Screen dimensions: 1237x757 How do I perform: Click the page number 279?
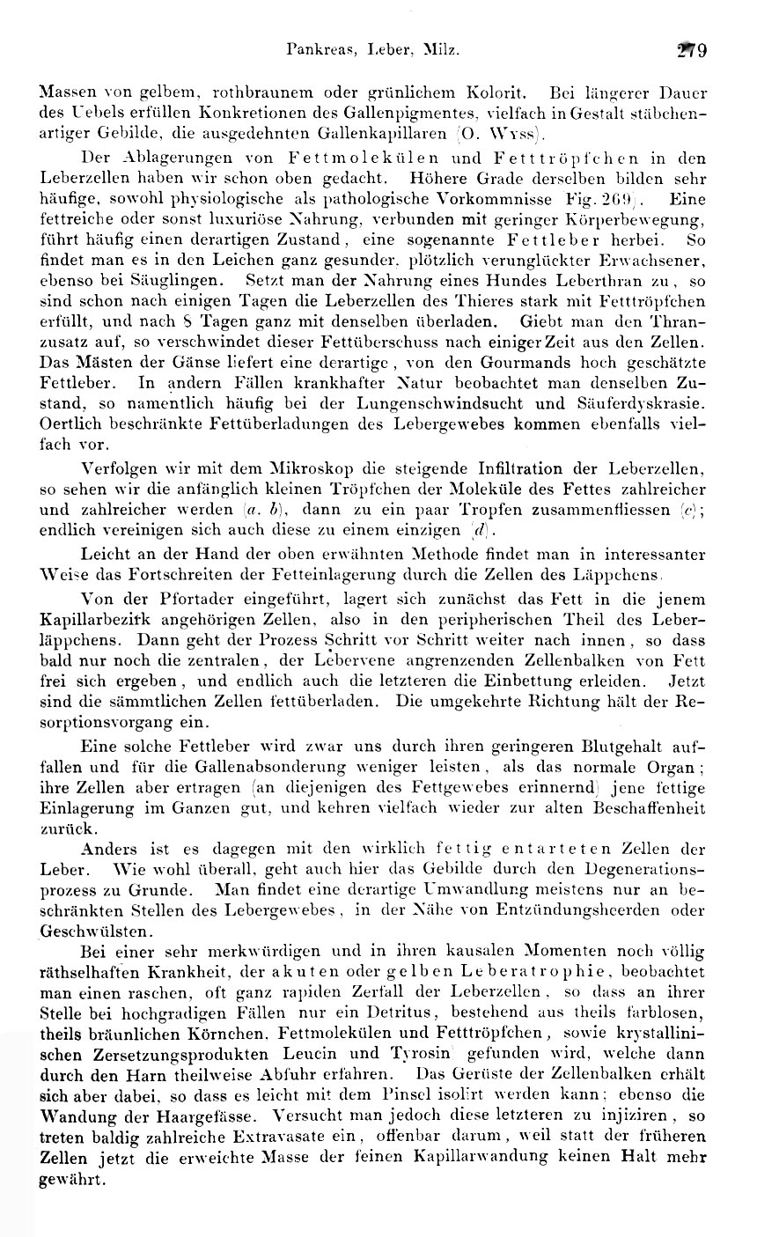[691, 51]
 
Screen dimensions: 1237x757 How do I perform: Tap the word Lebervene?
[340, 660]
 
